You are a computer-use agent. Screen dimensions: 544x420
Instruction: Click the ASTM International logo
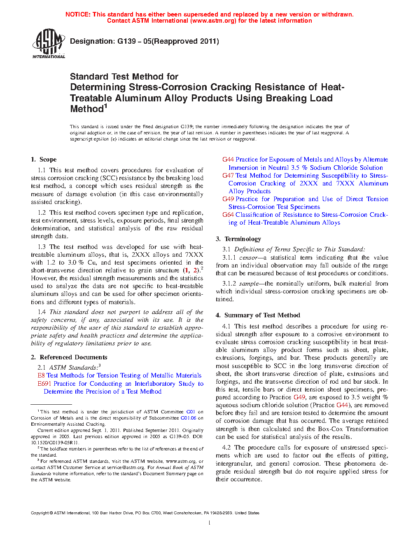pyautogui.click(x=48, y=44)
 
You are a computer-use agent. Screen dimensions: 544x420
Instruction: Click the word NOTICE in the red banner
pyautogui.click(x=77, y=14)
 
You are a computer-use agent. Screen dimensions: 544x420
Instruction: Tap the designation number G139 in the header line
pyautogui.click(x=126, y=41)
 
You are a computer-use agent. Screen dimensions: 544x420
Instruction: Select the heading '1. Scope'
pyautogui.click(x=44, y=159)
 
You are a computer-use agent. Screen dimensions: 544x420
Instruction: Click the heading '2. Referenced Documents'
pyautogui.click(x=69, y=357)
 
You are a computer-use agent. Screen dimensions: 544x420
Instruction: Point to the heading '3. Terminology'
pyautogui.click(x=238, y=239)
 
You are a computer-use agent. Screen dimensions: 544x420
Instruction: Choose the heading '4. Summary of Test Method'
pyautogui.click(x=258, y=315)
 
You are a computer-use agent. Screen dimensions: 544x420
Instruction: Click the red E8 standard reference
pyautogui.click(x=41, y=375)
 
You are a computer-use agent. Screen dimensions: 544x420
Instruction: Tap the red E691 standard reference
pyautogui.click(x=44, y=384)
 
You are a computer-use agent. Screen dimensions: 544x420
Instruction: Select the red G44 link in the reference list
pyautogui.click(x=228, y=159)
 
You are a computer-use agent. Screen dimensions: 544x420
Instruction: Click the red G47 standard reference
pyautogui.click(x=228, y=176)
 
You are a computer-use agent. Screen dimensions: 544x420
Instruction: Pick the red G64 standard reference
pyautogui.click(x=228, y=215)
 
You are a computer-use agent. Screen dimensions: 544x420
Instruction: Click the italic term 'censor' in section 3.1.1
pyautogui.click(x=248, y=258)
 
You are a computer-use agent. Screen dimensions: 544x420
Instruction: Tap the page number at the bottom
pyautogui.click(x=210, y=523)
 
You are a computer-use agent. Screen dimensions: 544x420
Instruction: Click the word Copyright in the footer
pyautogui.click(x=40, y=513)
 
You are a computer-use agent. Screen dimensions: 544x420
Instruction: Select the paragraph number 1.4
pyautogui.click(x=42, y=312)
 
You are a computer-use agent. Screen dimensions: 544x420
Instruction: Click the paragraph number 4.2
pyautogui.click(x=226, y=448)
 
